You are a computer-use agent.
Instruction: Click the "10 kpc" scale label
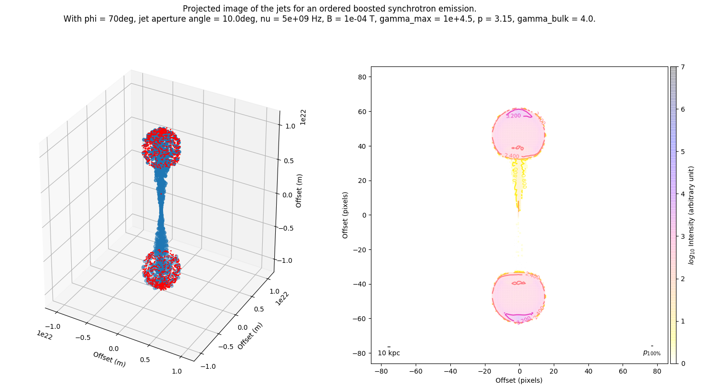(389, 353)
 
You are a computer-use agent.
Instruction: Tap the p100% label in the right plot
(651, 353)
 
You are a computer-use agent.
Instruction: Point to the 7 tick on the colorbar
(680, 67)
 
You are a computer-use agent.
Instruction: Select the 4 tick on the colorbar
(680, 194)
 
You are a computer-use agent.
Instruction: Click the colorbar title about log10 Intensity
(691, 215)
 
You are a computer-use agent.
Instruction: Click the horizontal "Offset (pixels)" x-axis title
(519, 380)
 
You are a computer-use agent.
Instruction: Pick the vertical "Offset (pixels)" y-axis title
(345, 215)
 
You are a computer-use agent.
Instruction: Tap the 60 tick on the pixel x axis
(623, 372)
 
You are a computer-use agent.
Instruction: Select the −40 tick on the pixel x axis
(450, 372)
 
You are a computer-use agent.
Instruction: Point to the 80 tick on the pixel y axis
(361, 77)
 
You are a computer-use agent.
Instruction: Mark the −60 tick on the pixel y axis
(359, 319)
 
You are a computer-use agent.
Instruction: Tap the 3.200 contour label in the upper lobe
(513, 116)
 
